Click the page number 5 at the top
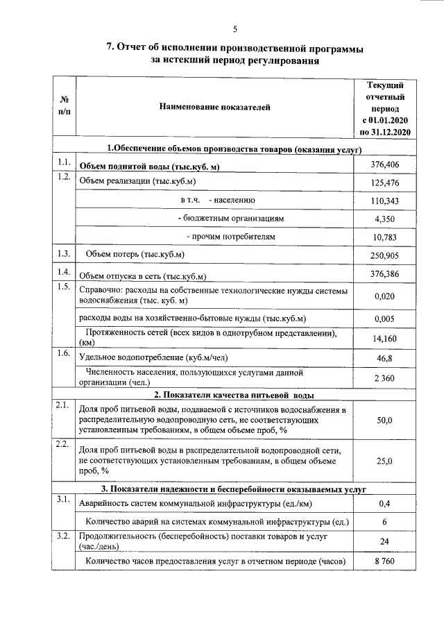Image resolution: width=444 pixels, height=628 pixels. coord(234,29)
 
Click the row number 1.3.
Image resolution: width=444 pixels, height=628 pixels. coord(65,253)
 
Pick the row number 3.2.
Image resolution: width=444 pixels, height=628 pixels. coord(65,536)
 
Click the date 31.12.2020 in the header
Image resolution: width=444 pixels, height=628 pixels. coord(390,132)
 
